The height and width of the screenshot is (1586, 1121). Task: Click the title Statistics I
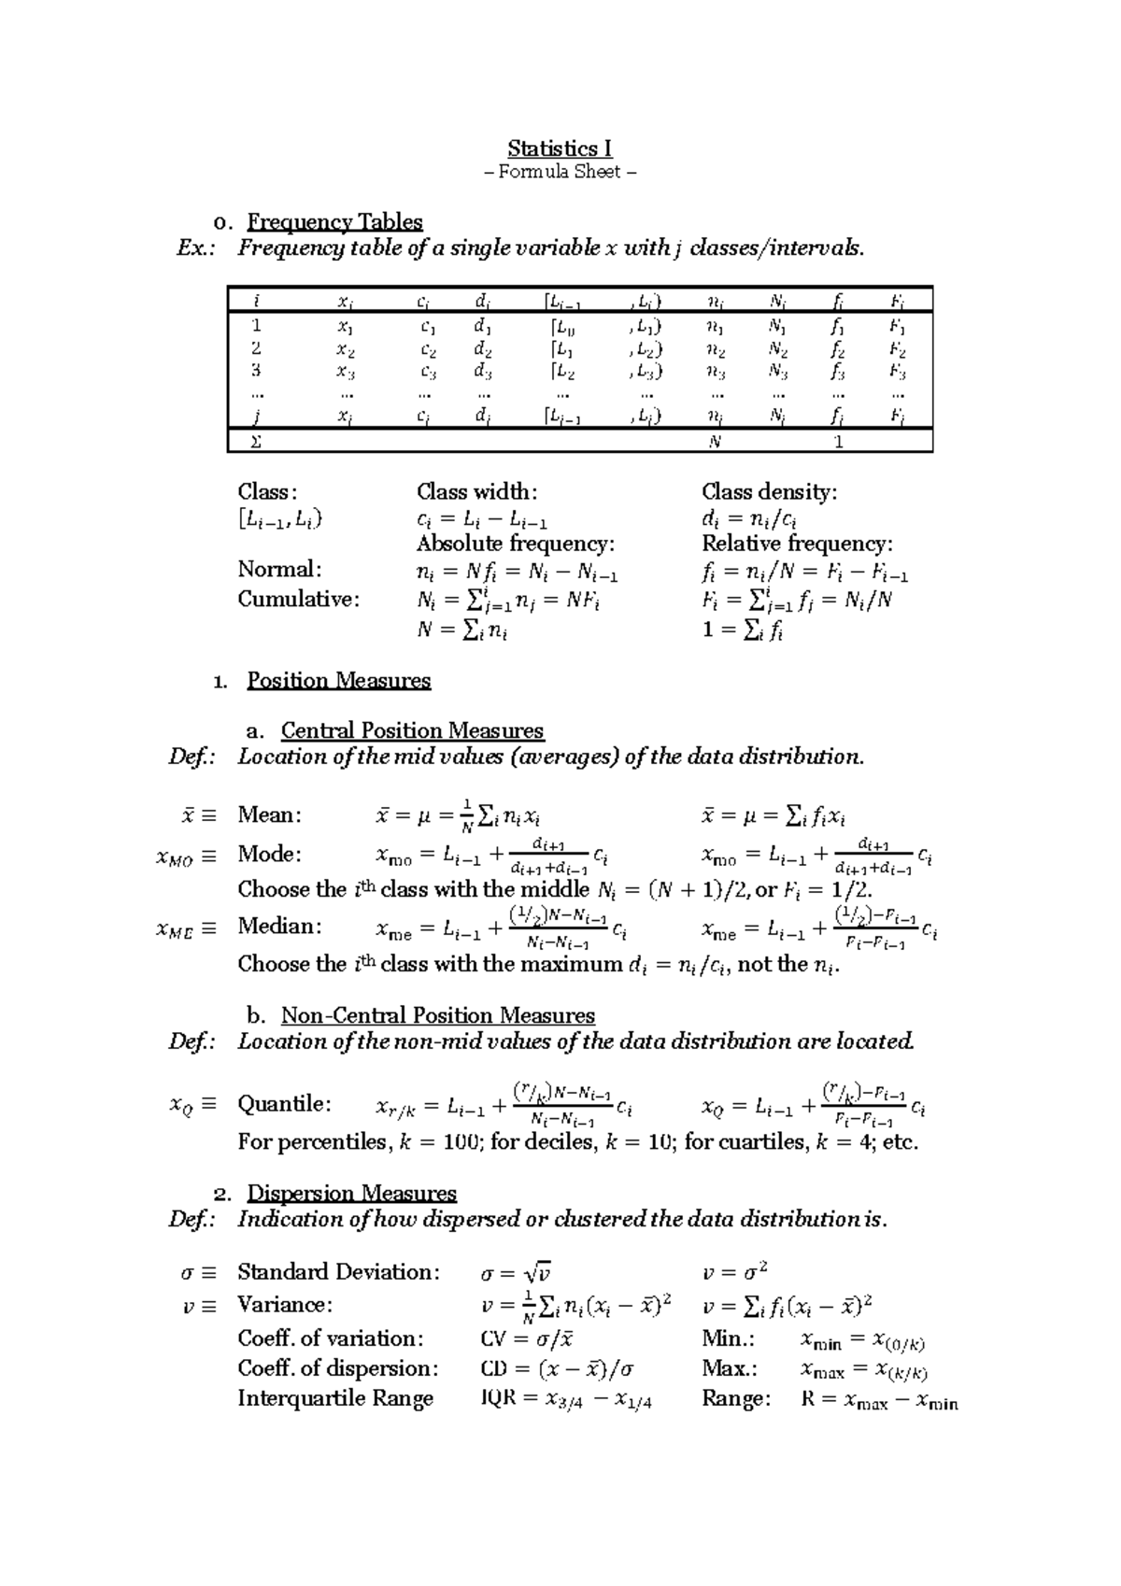(x=560, y=149)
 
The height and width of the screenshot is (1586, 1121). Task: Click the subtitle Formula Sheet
(x=560, y=172)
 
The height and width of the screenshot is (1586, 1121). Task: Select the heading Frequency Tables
(x=334, y=222)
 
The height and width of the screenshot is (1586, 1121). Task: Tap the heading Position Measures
(x=338, y=680)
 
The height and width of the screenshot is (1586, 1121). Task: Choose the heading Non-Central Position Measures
(x=437, y=1015)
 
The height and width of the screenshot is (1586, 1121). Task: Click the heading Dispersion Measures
(x=351, y=1193)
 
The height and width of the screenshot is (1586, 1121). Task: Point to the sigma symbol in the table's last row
(x=257, y=442)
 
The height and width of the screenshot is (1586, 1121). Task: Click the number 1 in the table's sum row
(x=839, y=442)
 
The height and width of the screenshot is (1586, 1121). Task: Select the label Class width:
(x=476, y=491)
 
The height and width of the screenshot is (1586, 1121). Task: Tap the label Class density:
(x=769, y=491)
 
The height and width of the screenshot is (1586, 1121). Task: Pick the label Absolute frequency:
(x=516, y=544)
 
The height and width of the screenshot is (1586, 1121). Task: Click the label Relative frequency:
(x=797, y=544)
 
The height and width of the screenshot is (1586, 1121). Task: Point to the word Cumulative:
(x=298, y=599)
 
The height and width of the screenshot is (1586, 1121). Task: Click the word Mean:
(x=270, y=814)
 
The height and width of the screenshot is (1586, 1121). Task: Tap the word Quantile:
(x=284, y=1104)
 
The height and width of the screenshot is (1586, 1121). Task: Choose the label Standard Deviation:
(x=338, y=1271)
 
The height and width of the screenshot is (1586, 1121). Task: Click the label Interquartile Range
(x=335, y=1398)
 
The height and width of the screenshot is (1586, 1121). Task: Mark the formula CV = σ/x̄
(x=527, y=1338)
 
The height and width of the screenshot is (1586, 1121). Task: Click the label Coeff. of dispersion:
(x=337, y=1368)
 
